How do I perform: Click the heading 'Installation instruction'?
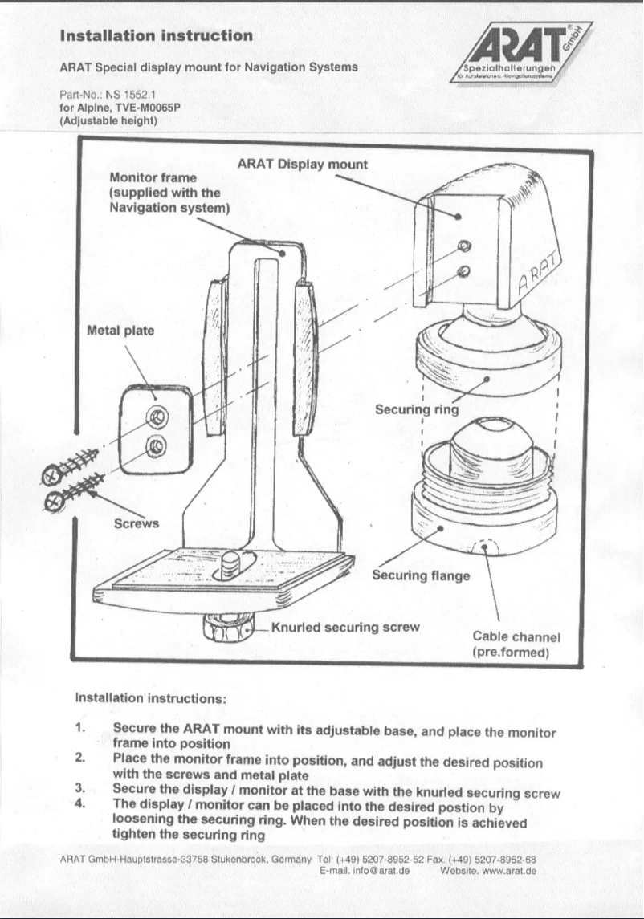pos(157,35)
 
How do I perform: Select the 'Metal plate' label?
pos(120,331)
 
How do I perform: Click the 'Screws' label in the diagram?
pos(136,523)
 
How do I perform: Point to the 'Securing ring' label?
pos(417,409)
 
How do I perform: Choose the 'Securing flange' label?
pos(421,575)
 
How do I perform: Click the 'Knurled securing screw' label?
pos(345,627)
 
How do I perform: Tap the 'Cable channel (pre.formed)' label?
pos(516,645)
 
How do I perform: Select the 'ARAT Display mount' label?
pos(303,164)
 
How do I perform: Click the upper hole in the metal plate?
pos(157,416)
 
